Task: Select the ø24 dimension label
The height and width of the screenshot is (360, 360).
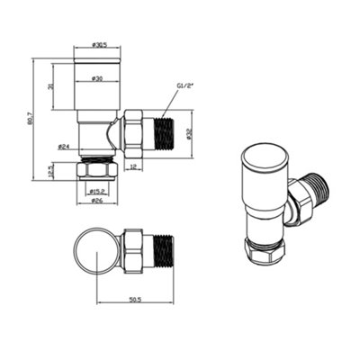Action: point(65,145)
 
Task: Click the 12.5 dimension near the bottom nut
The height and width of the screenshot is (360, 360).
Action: point(51,169)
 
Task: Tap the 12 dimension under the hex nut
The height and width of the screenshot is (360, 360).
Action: point(133,166)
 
